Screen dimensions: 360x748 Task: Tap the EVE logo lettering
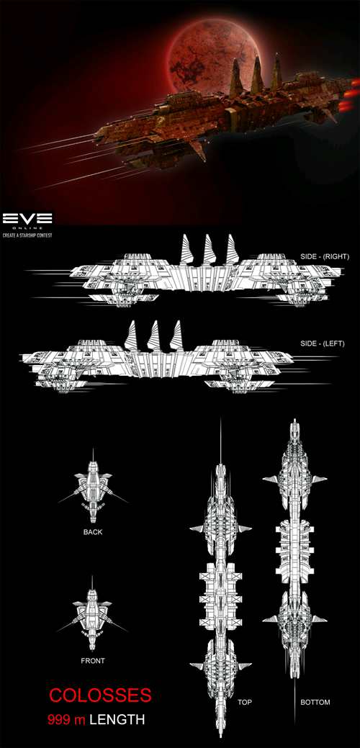pos(27,219)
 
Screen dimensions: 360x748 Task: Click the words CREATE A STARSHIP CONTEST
pos(27,235)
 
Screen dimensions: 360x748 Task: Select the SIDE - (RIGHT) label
pos(325,256)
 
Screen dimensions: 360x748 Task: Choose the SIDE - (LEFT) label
pos(323,343)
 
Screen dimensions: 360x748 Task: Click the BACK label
pos(92,532)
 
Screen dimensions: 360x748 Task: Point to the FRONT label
pos(93,661)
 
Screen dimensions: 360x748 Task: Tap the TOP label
pos(245,702)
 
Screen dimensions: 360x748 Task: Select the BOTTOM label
pos(315,702)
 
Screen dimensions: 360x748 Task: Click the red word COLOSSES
pos(101,695)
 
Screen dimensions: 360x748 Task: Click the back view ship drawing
pos(93,487)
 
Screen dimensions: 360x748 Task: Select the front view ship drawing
pos(92,614)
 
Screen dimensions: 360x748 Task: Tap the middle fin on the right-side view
pos(209,250)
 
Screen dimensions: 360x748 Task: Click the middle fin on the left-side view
pos(153,335)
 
